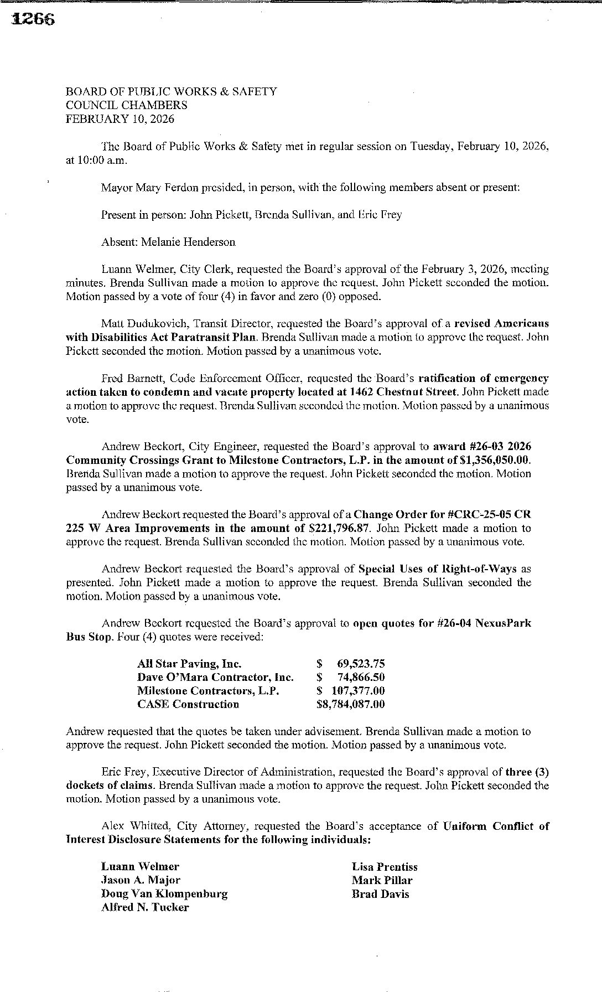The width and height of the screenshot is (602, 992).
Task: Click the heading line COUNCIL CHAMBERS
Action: coord(126,105)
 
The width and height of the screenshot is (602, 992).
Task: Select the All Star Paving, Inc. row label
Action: coord(189,664)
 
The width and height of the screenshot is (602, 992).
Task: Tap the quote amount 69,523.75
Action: coord(360,664)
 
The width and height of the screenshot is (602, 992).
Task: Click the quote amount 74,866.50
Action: coord(360,677)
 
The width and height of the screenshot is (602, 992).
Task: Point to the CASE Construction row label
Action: coord(188,704)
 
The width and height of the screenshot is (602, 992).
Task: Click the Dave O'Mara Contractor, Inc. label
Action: coord(215,677)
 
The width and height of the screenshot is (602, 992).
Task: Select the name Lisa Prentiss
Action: coord(385,867)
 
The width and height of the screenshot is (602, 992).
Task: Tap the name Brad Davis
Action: coord(380,893)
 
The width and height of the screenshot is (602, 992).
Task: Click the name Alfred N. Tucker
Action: coord(145,907)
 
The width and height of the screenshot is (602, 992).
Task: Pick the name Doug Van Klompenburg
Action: coord(164,893)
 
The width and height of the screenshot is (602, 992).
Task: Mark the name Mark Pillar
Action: coord(382,880)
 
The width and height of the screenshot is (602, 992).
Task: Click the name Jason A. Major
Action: coord(141,880)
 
